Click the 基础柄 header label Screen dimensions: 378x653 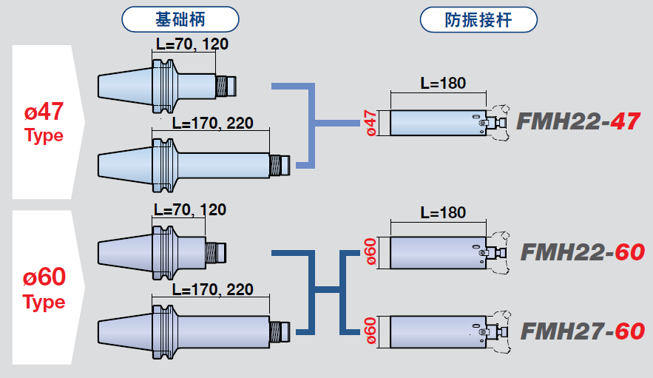pyautogui.click(x=180, y=20)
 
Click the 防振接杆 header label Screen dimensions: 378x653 pyautogui.click(x=478, y=20)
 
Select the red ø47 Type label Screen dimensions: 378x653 pyautogui.click(x=44, y=123)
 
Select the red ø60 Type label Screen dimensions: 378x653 pyautogui.click(x=44, y=288)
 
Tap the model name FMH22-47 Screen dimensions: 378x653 pyautogui.click(x=577, y=121)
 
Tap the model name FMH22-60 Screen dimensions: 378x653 pyautogui.click(x=582, y=252)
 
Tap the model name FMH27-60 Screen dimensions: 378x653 pyautogui.click(x=582, y=331)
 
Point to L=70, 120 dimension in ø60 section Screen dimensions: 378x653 pyautogui.click(x=190, y=210)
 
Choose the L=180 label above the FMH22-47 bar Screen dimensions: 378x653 pyautogui.click(x=443, y=83)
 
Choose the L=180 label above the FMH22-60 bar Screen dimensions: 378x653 pyautogui.click(x=443, y=213)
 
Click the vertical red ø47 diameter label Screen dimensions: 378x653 pyautogui.click(x=372, y=122)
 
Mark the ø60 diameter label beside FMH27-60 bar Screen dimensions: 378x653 pyautogui.click(x=372, y=331)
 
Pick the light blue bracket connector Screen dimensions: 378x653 pyautogui.click(x=314, y=123)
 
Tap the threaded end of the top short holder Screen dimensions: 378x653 pyautogui.click(x=226, y=86)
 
